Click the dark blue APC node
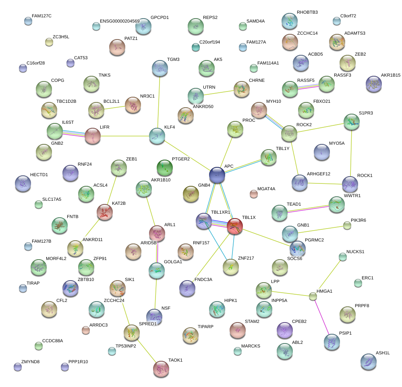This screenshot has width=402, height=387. click(x=217, y=175)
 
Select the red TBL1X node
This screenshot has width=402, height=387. click(x=234, y=227)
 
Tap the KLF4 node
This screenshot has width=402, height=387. click(x=157, y=136)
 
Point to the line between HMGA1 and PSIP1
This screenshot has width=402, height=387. click(x=322, y=319)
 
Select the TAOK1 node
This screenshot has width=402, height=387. click(x=162, y=368)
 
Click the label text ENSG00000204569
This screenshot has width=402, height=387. click(x=120, y=21)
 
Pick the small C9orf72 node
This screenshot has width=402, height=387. click(x=337, y=21)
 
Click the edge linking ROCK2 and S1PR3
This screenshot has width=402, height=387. click(x=320, y=128)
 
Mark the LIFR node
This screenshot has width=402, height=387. click(x=93, y=136)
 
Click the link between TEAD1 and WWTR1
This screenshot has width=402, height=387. click(x=308, y=209)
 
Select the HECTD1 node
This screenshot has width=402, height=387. click(x=23, y=183)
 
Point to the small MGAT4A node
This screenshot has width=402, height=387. click(x=253, y=194)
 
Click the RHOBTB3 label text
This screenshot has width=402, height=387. click(x=307, y=12)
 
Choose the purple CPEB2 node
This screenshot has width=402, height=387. click(x=285, y=331)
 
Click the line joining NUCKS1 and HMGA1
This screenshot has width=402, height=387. click(x=328, y=276)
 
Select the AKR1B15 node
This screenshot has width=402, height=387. click(x=374, y=83)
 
